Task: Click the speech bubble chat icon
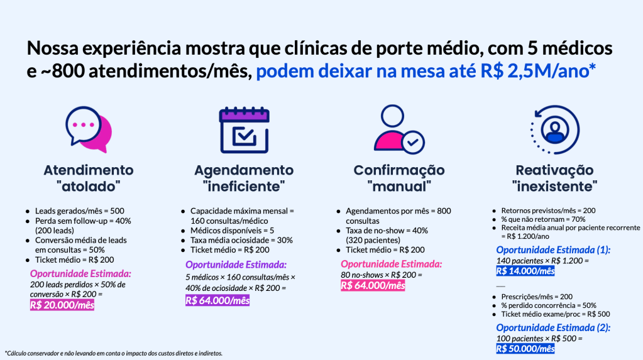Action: coord(89,129)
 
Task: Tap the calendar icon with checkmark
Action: coord(245,130)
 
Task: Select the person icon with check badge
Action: coord(398,129)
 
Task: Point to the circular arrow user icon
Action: coord(555,130)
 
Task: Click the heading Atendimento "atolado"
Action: coord(89,178)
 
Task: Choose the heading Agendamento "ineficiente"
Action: coord(244,178)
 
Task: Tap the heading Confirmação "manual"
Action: coord(399,178)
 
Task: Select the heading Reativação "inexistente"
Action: coord(554,178)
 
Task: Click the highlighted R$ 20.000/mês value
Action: coord(62,305)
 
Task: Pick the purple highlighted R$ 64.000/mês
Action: coord(217,300)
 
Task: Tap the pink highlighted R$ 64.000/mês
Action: coord(373,285)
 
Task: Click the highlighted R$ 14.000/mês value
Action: coord(525,271)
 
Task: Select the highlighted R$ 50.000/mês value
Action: coord(525,349)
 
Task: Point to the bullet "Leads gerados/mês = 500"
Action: coord(80,210)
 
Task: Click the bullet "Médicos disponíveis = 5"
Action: coord(232,231)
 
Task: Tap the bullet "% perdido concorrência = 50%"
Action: coord(549,305)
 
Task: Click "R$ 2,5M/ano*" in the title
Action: coord(538,71)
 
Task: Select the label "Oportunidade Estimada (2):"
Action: coord(553,328)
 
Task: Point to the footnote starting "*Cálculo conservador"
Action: coord(114,353)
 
